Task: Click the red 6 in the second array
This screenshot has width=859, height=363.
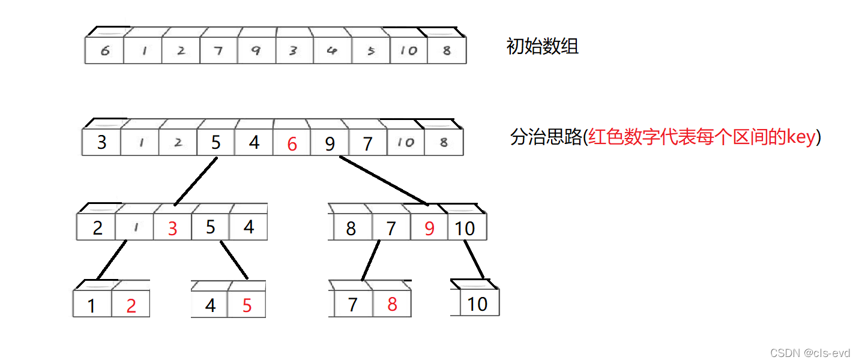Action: (292, 144)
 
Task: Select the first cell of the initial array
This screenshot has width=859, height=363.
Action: (104, 51)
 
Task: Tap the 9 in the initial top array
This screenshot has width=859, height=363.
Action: (256, 51)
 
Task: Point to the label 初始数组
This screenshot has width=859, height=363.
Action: (542, 47)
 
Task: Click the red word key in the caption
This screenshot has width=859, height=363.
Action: (803, 137)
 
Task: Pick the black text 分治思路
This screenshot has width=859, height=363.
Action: (546, 137)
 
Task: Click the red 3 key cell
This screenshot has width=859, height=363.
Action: (172, 229)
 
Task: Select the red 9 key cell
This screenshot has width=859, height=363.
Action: (429, 229)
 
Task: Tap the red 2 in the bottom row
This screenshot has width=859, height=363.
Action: (131, 305)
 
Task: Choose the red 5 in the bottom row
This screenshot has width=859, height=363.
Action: (247, 305)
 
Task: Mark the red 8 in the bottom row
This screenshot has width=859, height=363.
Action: (392, 304)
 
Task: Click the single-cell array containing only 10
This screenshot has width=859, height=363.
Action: (477, 304)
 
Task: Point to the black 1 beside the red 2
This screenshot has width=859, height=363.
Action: (91, 306)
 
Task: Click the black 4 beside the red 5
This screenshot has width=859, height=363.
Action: (210, 305)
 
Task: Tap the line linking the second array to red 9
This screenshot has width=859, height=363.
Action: (383, 180)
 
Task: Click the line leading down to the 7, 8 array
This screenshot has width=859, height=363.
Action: (370, 260)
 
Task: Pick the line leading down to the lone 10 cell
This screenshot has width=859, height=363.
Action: (474, 259)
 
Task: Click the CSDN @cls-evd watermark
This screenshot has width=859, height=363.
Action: (810, 353)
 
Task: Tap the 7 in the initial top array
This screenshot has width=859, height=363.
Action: (218, 51)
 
